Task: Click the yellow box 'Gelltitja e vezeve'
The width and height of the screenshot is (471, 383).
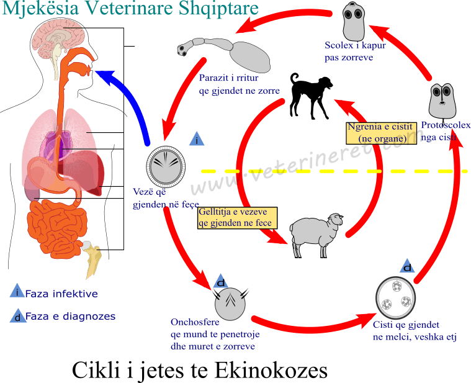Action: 236,217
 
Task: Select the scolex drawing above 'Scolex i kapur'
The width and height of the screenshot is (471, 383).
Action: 357,21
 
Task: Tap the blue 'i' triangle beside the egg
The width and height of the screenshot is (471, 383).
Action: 197,140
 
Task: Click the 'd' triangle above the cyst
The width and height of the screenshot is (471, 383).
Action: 408,267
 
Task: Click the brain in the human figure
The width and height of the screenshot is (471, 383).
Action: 59,37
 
